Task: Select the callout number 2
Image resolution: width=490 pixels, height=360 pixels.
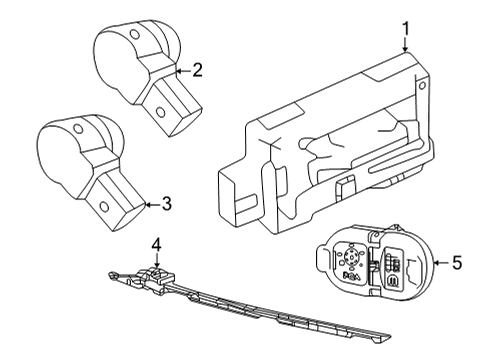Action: coord(197,70)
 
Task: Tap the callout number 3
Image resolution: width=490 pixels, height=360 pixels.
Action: coord(166,203)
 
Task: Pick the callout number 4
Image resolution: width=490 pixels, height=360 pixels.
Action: coord(155,244)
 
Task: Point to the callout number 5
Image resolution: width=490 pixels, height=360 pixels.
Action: coord(457,263)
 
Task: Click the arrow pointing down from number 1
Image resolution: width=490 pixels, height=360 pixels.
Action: coord(405,45)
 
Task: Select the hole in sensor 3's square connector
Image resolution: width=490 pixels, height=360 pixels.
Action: coord(104,208)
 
